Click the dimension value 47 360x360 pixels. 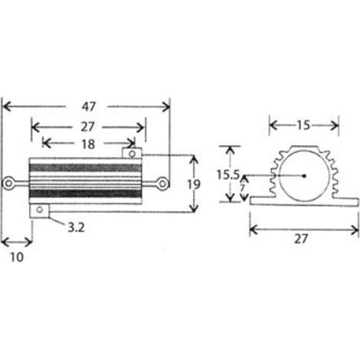click(89, 106)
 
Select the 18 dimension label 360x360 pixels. click(88, 144)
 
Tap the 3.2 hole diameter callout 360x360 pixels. click(76, 227)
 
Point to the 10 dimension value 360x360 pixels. click(17, 257)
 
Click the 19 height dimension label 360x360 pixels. click(194, 185)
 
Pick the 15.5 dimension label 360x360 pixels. click(228, 175)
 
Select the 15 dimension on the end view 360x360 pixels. click(303, 125)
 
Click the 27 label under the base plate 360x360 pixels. click(301, 239)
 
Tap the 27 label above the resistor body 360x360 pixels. click(87, 127)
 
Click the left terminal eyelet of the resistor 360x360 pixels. click(8, 183)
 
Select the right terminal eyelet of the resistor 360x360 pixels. click(162, 184)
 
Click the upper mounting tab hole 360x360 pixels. click(133, 154)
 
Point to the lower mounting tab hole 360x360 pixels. click(39, 210)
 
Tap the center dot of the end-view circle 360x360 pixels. click(304, 175)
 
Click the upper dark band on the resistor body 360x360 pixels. click(85, 168)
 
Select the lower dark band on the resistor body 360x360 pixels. click(85, 194)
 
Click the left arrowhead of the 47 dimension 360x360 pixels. click(7, 106)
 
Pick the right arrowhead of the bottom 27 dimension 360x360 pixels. click(355, 231)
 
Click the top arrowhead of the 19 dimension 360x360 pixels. click(195, 159)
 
